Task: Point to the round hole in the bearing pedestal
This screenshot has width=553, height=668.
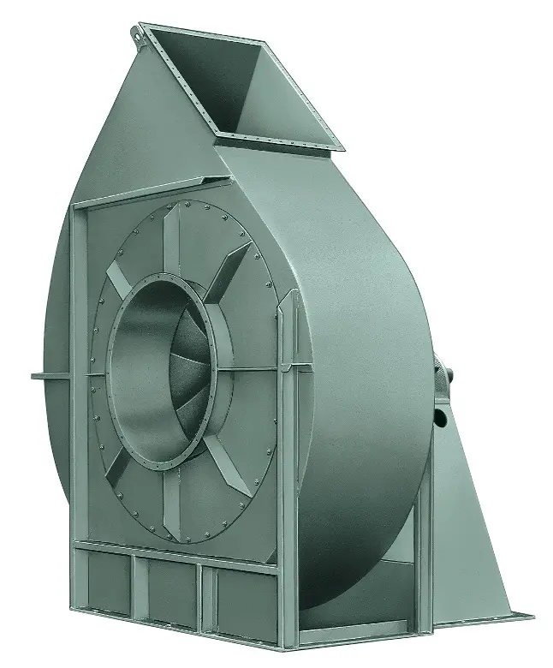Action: point(440,417)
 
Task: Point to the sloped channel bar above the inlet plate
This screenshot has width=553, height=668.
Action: point(154,192)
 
